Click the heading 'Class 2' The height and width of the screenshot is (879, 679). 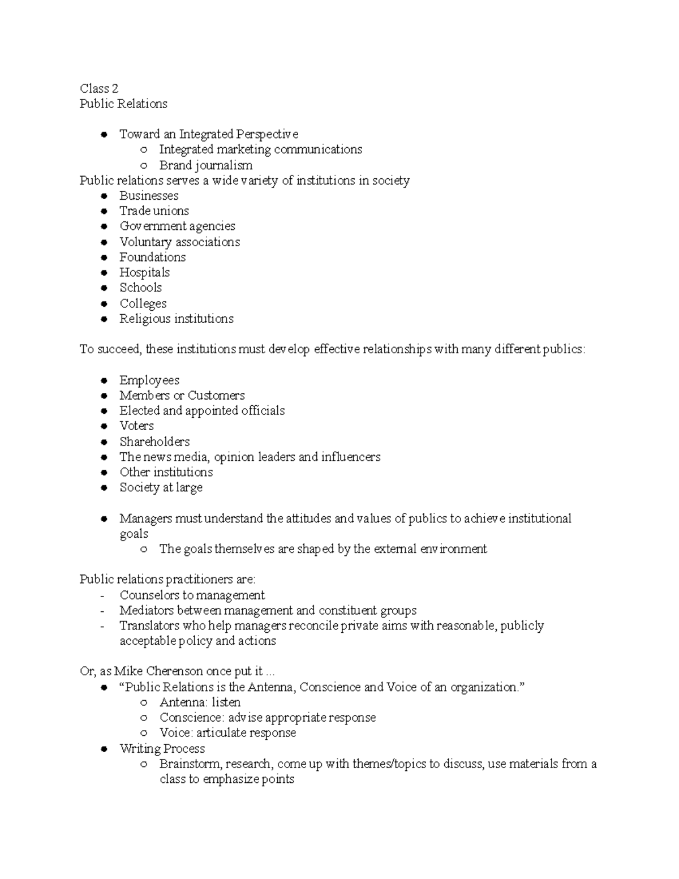pyautogui.click(x=99, y=88)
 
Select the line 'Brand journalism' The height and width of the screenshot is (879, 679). pyautogui.click(x=205, y=165)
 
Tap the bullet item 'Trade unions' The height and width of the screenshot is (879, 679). pyautogui.click(x=154, y=211)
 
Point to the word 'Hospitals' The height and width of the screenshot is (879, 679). pyautogui.click(x=144, y=273)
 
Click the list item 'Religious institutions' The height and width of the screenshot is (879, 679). pyautogui.click(x=176, y=319)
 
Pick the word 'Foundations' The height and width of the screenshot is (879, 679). pyautogui.click(x=152, y=258)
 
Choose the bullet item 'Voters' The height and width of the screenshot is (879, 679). pyautogui.click(x=136, y=426)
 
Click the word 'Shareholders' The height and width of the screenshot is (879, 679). pyautogui.click(x=154, y=442)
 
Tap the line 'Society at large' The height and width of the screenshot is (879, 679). pyautogui.click(x=161, y=488)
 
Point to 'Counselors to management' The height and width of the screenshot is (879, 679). pyautogui.click(x=192, y=595)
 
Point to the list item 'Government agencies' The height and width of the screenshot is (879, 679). pyautogui.click(x=177, y=226)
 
